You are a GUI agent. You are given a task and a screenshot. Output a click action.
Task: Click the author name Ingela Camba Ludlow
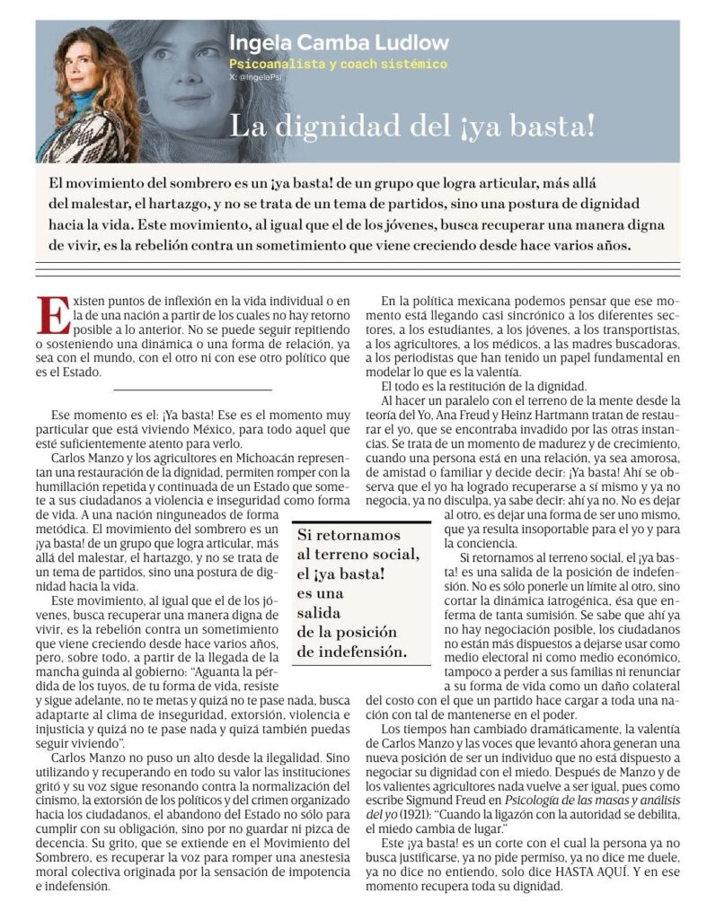(339, 42)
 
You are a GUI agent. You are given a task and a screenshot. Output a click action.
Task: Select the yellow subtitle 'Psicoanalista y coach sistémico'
(337, 65)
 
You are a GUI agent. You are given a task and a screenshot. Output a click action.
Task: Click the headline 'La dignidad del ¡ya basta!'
(412, 125)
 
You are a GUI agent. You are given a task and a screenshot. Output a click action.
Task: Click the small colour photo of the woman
(84, 93)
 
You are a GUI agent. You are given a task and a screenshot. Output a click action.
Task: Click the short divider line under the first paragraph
(192, 389)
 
